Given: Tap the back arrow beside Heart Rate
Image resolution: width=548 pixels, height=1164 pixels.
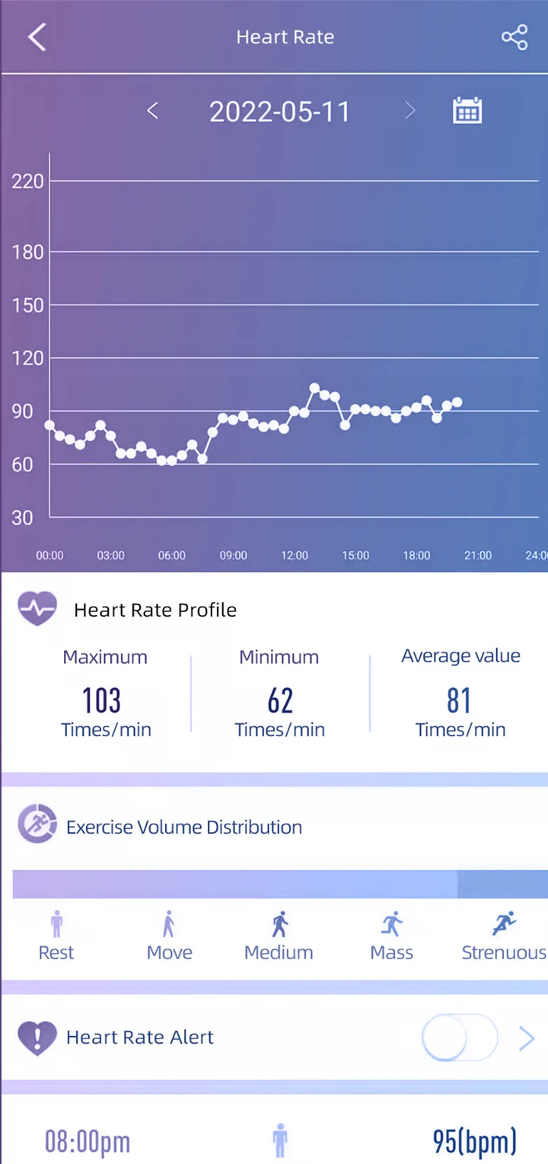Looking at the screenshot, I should pos(37,37).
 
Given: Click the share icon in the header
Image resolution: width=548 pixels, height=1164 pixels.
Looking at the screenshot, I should pos(515,37).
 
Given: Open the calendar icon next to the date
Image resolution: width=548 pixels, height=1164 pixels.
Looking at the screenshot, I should pos(467,111).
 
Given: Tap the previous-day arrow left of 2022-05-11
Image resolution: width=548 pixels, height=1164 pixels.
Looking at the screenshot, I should pos(152,111).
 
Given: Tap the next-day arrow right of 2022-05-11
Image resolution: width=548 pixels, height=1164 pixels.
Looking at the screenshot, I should pos(409,111).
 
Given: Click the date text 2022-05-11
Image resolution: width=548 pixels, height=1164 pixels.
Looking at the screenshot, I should pos(279,112).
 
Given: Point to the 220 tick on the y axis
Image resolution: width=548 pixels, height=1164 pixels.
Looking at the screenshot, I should pos(28,181).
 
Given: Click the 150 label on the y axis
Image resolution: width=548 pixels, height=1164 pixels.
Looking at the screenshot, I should pos(28,305).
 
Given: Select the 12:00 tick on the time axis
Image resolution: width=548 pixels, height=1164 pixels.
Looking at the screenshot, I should pos(295,556).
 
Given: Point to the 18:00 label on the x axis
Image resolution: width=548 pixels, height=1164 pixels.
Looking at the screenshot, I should pos(416,556).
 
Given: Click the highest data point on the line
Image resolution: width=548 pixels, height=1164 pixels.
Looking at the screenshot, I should pos(314,388).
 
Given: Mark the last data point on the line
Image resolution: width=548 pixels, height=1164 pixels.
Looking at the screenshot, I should pos(457,403).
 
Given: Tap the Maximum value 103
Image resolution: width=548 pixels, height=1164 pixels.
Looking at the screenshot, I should pos(101,700).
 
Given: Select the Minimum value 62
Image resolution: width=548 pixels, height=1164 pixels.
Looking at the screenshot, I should pos(279,700).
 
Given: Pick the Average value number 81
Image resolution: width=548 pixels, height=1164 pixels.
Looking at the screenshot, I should pos(459,700).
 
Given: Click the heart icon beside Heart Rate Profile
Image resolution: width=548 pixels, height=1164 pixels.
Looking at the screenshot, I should pos(37,609).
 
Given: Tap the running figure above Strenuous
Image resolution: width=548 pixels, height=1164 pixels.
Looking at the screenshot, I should pos(503,924).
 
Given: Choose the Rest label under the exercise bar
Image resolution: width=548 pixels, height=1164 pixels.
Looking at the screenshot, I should pos(56,952).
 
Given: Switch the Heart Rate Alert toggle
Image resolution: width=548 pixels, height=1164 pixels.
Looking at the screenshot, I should pos(459,1037).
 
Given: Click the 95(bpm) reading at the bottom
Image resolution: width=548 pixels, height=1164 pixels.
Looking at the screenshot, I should pos(474,1141).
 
